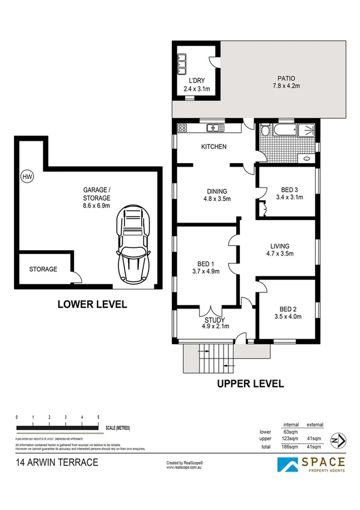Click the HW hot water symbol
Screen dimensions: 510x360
[x=26, y=177]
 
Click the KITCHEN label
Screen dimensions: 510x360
[x=213, y=147]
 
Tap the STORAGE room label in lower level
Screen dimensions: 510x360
[x=43, y=269]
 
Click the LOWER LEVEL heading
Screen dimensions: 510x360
[x=92, y=304]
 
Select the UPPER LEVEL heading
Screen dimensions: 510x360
[x=251, y=383]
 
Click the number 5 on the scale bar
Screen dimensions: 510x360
[x=98, y=417]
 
